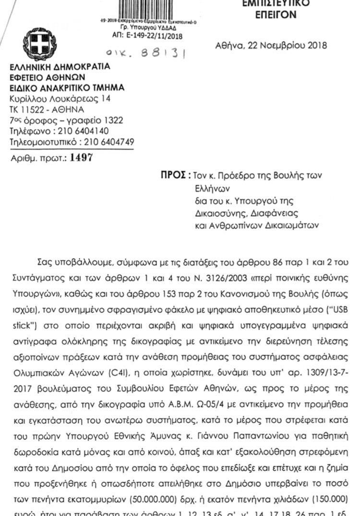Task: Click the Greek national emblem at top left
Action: pos(40,44)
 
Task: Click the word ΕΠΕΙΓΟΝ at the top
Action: pos(276,15)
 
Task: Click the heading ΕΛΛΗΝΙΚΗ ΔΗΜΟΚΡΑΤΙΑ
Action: pos(60,66)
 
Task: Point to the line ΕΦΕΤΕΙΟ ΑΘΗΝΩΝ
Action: pos(48,77)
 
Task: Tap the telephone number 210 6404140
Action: pos(83,131)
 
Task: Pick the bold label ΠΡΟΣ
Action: pos(172,175)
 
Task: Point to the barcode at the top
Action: pos(151,9)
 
